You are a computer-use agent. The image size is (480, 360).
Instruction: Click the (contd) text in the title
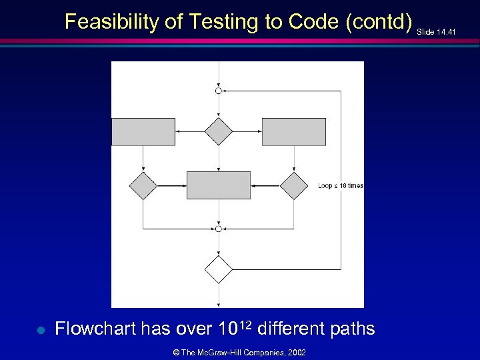coord(379,22)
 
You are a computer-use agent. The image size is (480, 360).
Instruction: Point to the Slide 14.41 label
coord(437,31)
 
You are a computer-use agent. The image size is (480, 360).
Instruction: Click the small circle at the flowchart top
coord(218,91)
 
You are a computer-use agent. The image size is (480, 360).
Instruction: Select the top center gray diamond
coord(218,131)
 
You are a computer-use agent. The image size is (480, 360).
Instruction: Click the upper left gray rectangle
coord(143,132)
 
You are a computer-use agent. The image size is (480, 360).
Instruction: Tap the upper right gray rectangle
coord(293,132)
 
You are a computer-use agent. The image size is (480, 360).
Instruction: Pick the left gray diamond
coord(143,185)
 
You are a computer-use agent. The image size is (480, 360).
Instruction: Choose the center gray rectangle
coord(218,185)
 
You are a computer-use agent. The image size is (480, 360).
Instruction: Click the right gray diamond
coord(293,185)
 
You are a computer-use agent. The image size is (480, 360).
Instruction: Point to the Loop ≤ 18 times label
coord(341,185)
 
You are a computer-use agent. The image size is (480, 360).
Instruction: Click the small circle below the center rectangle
coord(218,229)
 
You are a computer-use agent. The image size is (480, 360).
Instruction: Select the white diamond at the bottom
coord(218,269)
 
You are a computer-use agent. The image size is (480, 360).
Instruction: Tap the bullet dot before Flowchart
coord(40,329)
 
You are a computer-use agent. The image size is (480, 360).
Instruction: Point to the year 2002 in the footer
coord(297,352)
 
